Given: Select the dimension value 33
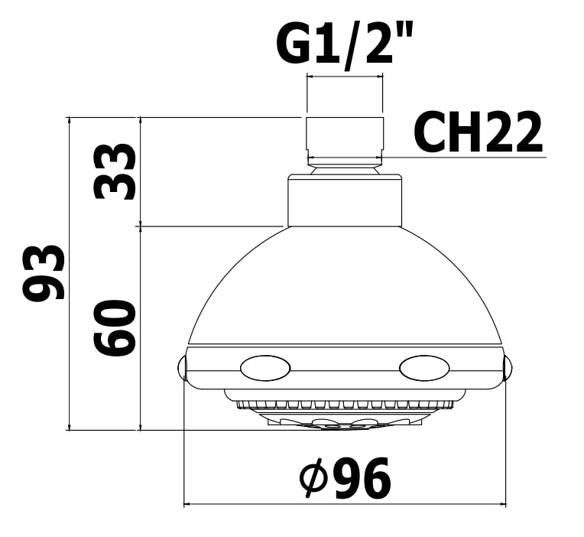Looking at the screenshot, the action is pos(114,171).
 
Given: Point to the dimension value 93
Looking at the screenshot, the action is pos(44,273).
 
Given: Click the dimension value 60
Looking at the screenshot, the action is pos(114,328).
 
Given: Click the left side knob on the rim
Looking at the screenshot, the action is pos(180,369).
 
